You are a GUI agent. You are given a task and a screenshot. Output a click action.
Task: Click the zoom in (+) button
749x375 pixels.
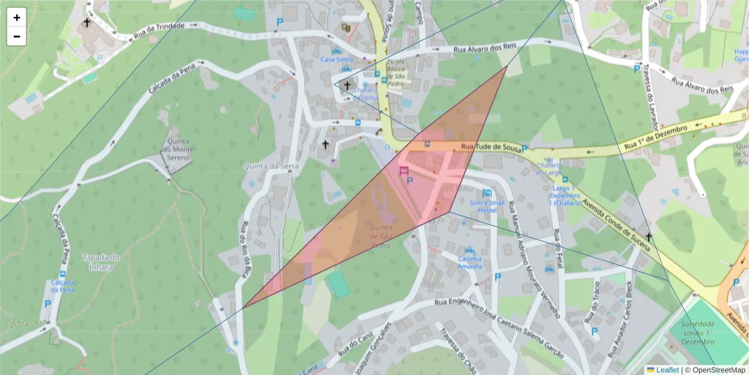click(x=17, y=17)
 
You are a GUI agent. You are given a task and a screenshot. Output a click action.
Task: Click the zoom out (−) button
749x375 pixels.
click(x=17, y=36)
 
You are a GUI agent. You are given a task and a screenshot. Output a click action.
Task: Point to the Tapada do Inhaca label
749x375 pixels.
click(x=100, y=262)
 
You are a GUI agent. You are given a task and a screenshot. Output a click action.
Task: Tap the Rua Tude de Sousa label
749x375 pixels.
click(x=490, y=147)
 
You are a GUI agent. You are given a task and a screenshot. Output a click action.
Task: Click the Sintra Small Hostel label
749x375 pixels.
click(x=487, y=206)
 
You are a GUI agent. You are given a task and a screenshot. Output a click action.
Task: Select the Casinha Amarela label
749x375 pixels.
click(x=470, y=262)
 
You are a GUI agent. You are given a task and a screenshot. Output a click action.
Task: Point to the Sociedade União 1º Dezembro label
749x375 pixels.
click(x=697, y=333)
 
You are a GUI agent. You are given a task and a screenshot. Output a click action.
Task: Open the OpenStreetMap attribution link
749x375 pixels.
click(x=718, y=370)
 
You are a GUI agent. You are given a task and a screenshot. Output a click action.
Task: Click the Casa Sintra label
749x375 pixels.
click(x=336, y=59)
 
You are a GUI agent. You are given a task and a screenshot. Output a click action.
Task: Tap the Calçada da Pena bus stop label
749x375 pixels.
click(x=62, y=286)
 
